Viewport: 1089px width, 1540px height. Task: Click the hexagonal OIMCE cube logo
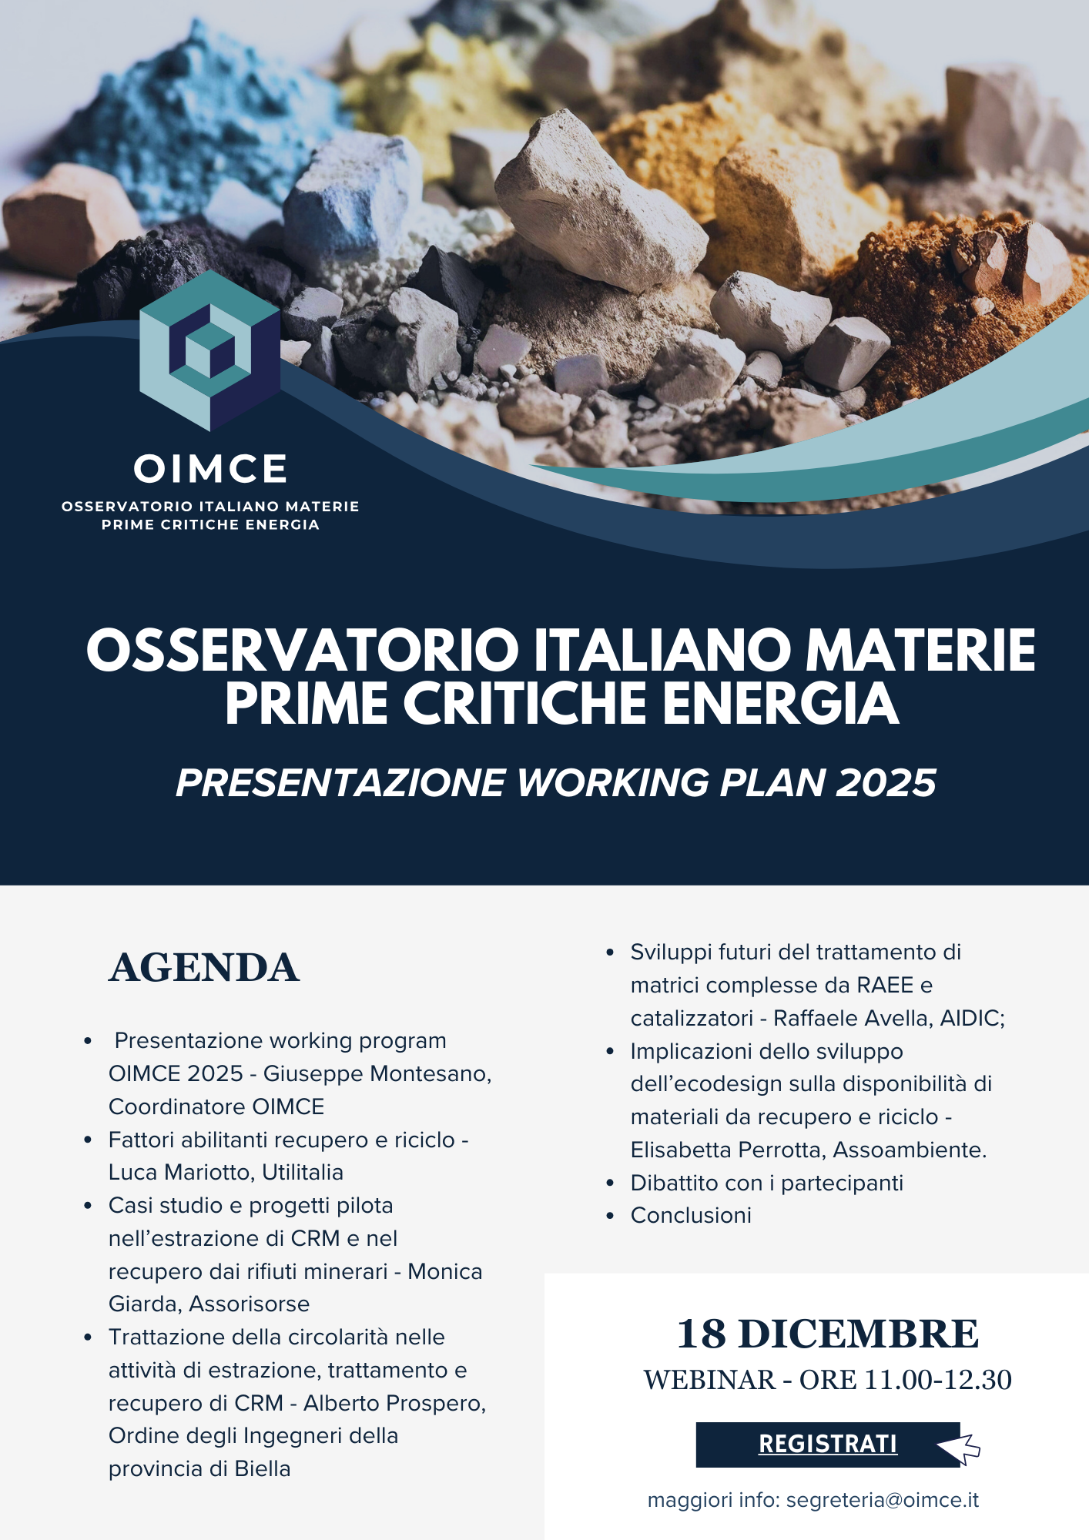(209, 350)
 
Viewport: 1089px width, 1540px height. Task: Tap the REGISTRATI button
(828, 1444)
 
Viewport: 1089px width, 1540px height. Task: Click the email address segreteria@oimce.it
(883, 1500)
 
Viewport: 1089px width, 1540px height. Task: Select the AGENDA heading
(204, 968)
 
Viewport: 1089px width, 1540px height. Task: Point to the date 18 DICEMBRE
(828, 1334)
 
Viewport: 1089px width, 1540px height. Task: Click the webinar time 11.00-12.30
(938, 1380)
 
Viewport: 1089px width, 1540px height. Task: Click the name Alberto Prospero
(394, 1403)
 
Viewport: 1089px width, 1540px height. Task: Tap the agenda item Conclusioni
(691, 1215)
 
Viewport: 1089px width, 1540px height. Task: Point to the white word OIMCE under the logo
(210, 469)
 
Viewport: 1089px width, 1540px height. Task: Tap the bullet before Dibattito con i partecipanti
(610, 1183)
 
